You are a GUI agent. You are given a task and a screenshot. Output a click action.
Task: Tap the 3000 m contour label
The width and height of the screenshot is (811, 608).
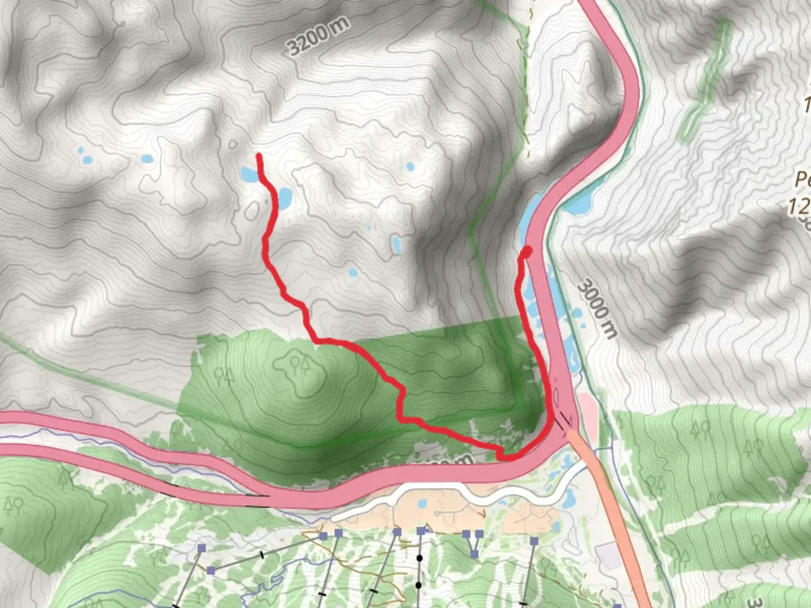(x=597, y=309)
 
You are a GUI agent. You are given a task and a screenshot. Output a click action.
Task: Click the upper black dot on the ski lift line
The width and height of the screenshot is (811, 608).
(x=419, y=558)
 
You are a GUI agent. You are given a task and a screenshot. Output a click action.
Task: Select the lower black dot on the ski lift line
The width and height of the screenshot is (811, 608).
(x=418, y=585)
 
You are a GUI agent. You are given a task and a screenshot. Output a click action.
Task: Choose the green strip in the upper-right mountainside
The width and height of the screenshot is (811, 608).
(x=704, y=79)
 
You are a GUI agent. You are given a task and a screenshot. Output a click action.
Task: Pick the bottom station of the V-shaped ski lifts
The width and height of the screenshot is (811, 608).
(x=475, y=555)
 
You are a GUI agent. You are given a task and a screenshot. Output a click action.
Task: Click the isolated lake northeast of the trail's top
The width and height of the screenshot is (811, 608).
(x=410, y=166)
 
